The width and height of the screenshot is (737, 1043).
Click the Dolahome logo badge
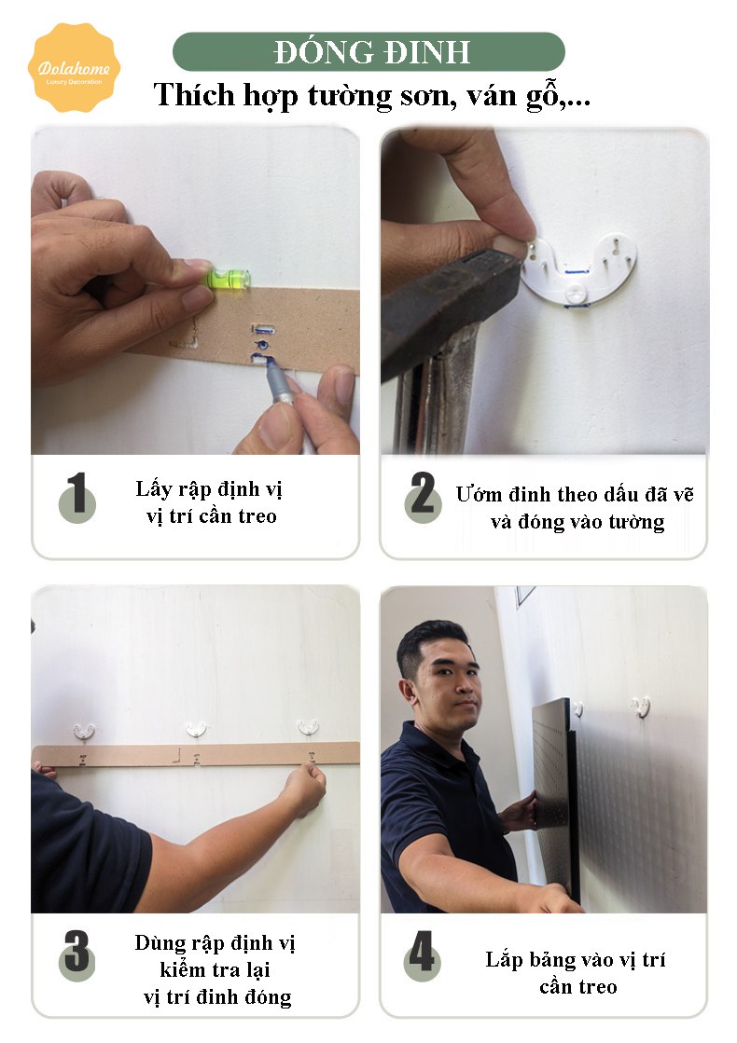pos(74,68)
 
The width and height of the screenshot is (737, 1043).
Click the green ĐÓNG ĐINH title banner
pos(368,52)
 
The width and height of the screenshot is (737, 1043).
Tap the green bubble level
pos(228,279)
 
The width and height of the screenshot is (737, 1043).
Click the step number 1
pos(77,497)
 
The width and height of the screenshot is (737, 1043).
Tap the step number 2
pos(423,497)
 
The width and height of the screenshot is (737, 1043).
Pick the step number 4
pos(422,955)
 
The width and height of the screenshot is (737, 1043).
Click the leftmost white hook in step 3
pos(84,732)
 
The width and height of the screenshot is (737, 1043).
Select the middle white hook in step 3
pos(196,729)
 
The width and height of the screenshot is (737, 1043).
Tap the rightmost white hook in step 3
pos(308,727)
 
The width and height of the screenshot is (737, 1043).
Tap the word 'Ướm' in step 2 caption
pos(479,494)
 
